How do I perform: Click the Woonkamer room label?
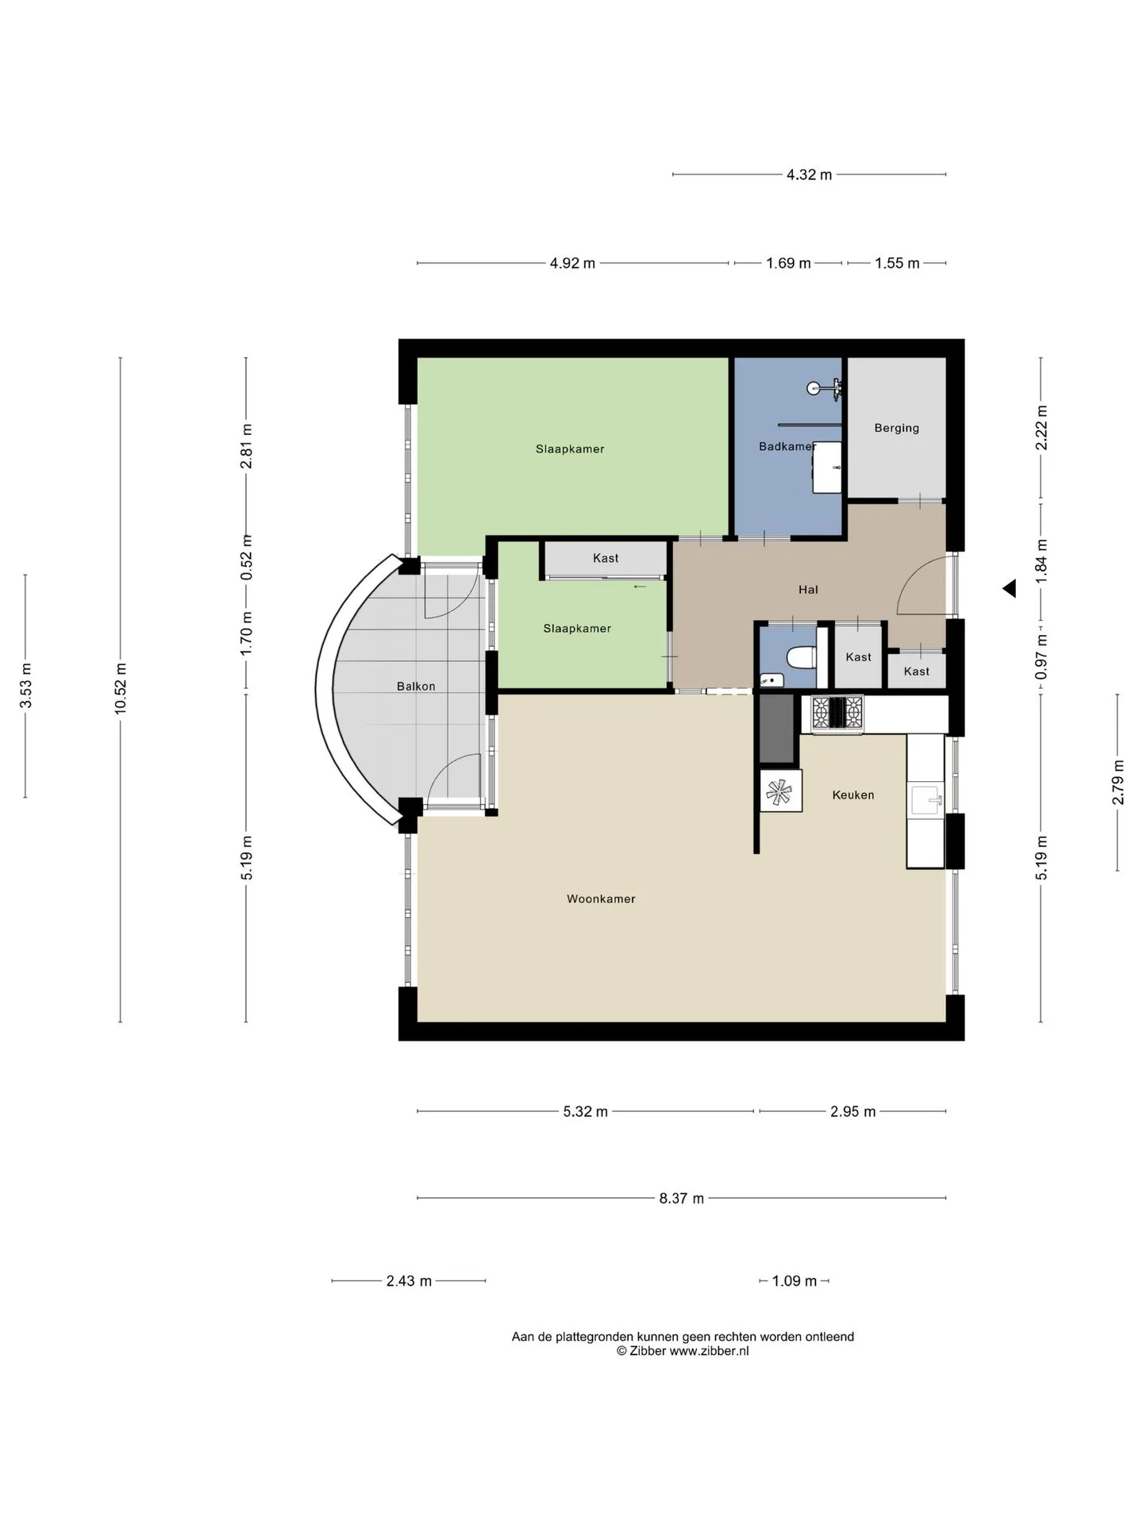click(601, 899)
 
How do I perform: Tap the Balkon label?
click(416, 686)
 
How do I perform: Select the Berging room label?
click(897, 428)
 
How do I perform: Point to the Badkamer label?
click(787, 446)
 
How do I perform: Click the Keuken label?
click(853, 795)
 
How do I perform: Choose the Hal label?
click(808, 590)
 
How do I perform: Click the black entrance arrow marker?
click(1010, 588)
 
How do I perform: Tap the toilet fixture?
click(802, 658)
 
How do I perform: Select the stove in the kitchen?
click(837, 714)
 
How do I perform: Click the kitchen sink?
click(926, 801)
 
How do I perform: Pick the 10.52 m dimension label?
click(121, 688)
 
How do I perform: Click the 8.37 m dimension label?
click(682, 1198)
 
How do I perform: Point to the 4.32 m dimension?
click(810, 175)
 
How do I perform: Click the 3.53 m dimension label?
click(26, 686)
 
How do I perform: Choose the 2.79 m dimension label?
click(1118, 783)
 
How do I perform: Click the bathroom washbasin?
click(827, 468)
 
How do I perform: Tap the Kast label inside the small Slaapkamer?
click(606, 558)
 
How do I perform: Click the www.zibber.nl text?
click(709, 1351)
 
